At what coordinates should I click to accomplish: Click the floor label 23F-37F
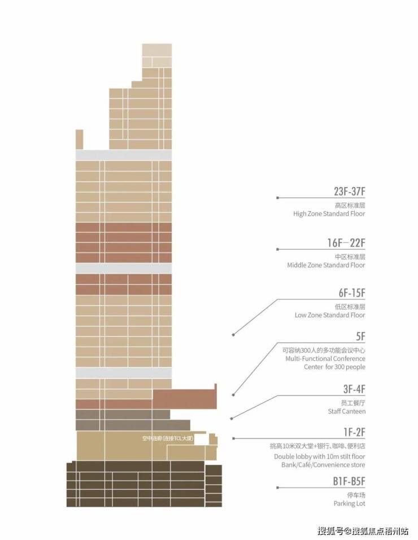tap(349, 191)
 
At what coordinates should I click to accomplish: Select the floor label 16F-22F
tap(346, 242)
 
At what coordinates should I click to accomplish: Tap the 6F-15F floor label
tap(352, 293)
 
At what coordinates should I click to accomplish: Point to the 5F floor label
tap(360, 336)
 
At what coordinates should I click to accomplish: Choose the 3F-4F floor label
tap(354, 389)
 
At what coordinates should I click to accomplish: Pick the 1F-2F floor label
tap(354, 432)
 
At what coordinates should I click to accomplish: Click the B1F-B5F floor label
tap(349, 481)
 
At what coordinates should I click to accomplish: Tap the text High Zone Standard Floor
tap(329, 214)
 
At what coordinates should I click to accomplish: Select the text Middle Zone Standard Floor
tap(326, 265)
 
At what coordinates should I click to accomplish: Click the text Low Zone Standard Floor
tap(330, 315)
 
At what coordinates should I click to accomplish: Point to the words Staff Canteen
tap(347, 411)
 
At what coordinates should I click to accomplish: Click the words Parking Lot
tap(349, 503)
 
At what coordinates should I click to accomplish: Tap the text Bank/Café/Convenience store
tap(323, 464)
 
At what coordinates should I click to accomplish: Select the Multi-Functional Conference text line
tap(325, 359)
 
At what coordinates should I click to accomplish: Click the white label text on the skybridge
tap(168, 438)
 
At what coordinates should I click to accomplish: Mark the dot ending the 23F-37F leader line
tap(277, 198)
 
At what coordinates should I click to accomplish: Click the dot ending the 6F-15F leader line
tap(233, 334)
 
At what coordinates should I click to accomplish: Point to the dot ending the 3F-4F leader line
tap(232, 419)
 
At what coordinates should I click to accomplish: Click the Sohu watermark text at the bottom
tap(363, 531)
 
